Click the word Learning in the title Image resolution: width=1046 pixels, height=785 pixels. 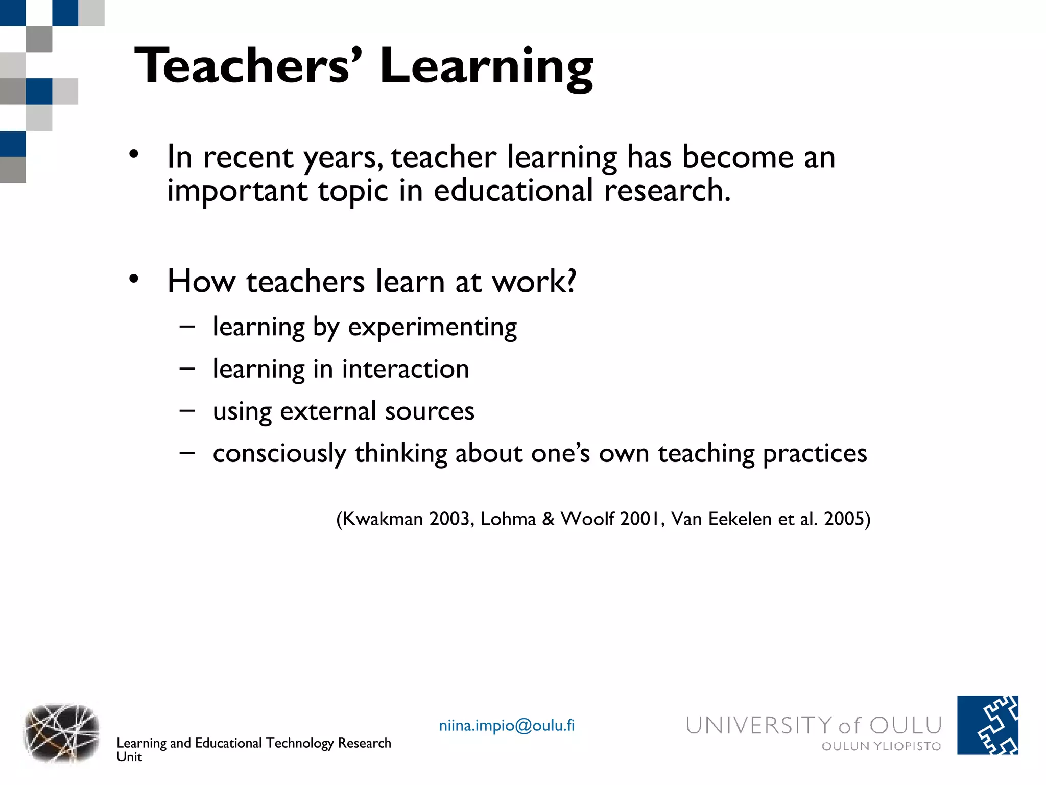point(486,68)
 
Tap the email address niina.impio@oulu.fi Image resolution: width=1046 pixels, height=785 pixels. point(507,725)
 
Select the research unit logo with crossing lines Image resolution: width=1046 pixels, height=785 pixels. point(61,732)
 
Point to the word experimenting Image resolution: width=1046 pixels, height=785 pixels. point(432,328)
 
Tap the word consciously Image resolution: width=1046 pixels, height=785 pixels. point(279,454)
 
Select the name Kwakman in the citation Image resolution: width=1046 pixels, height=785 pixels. point(382,519)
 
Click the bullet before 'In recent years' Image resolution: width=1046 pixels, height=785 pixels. point(134,154)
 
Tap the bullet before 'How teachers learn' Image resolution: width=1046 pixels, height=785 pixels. point(134,279)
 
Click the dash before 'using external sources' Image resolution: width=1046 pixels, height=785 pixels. point(187,410)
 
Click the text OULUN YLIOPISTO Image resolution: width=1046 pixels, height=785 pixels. point(881,746)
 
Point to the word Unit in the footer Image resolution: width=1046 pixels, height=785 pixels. point(129,757)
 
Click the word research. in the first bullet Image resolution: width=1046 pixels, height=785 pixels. point(667,191)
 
